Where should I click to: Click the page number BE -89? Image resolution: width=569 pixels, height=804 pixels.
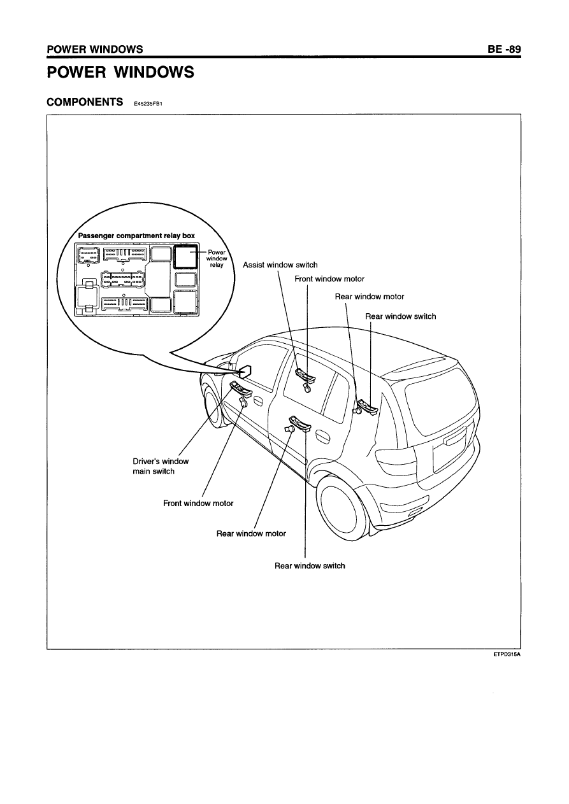504,49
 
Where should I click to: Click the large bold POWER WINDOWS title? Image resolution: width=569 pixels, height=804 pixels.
120,72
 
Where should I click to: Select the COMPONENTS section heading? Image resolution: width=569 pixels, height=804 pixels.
85,102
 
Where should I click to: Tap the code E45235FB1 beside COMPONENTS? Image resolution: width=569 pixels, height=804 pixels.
148,104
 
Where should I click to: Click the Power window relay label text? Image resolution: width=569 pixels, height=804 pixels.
217,258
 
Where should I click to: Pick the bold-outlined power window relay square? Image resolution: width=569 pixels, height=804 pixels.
185,257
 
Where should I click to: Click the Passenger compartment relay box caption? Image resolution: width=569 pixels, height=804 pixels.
136,236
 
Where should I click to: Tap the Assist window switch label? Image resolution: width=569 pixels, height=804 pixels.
280,265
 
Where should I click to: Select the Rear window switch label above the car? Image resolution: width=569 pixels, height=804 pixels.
401,316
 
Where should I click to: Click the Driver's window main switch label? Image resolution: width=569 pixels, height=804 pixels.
161,466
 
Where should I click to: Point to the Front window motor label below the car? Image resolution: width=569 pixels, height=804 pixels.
198,504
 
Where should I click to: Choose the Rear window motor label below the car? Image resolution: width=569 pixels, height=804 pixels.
251,533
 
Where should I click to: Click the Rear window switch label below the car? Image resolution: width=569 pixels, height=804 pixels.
310,566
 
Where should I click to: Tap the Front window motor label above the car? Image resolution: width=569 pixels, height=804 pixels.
329,279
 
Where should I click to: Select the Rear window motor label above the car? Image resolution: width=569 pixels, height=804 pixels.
370,297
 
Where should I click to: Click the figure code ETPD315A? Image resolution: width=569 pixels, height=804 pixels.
507,654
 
